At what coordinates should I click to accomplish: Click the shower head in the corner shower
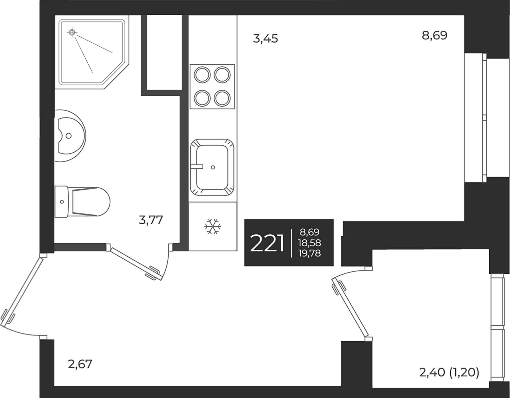tap(72, 32)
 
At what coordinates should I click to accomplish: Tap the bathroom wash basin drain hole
tap(69, 136)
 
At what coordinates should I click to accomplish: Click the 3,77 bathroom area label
tap(151, 220)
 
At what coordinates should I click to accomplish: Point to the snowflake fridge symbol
tap(213, 226)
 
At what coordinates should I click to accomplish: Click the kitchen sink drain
tap(213, 167)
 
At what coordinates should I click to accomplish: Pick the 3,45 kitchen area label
tap(265, 39)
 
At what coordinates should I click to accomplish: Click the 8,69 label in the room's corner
tap(434, 36)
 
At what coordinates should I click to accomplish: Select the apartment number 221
tap(267, 243)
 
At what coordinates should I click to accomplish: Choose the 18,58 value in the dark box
tap(310, 243)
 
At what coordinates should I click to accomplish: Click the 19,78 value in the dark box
tap(310, 253)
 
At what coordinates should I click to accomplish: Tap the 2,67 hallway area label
tap(80, 364)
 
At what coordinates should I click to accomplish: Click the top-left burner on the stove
tap(202, 75)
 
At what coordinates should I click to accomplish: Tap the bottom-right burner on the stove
tap(222, 98)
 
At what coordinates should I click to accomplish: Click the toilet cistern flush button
tap(62, 202)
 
